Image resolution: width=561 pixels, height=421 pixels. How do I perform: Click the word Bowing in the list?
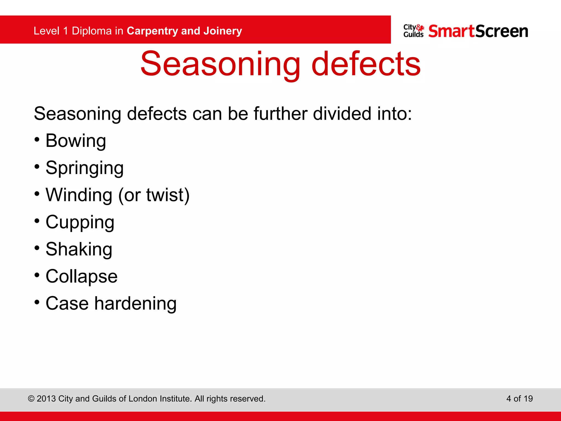click(x=76, y=141)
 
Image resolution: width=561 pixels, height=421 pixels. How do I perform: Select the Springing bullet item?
click(x=84, y=168)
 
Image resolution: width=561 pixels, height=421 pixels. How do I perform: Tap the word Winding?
click(x=79, y=195)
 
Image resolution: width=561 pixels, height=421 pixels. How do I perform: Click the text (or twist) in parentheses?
click(x=154, y=195)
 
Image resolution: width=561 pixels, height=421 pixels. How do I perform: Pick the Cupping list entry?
click(x=80, y=222)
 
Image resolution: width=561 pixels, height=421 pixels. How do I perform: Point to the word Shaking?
click(x=79, y=249)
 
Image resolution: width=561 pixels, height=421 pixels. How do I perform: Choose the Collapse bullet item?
click(x=81, y=276)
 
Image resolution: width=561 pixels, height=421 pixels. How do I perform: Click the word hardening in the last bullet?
click(x=135, y=303)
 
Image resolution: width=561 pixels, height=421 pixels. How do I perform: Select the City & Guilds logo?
click(x=414, y=31)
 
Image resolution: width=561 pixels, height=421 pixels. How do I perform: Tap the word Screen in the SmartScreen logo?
click(x=502, y=31)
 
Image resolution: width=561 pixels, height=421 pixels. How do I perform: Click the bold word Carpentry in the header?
click(x=152, y=31)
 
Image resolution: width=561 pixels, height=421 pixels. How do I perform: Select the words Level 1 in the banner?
click(x=51, y=31)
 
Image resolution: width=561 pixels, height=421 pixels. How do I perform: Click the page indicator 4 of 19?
click(x=519, y=399)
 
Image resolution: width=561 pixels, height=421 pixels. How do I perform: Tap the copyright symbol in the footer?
click(x=31, y=399)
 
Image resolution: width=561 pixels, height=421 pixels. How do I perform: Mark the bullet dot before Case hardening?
click(x=37, y=302)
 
